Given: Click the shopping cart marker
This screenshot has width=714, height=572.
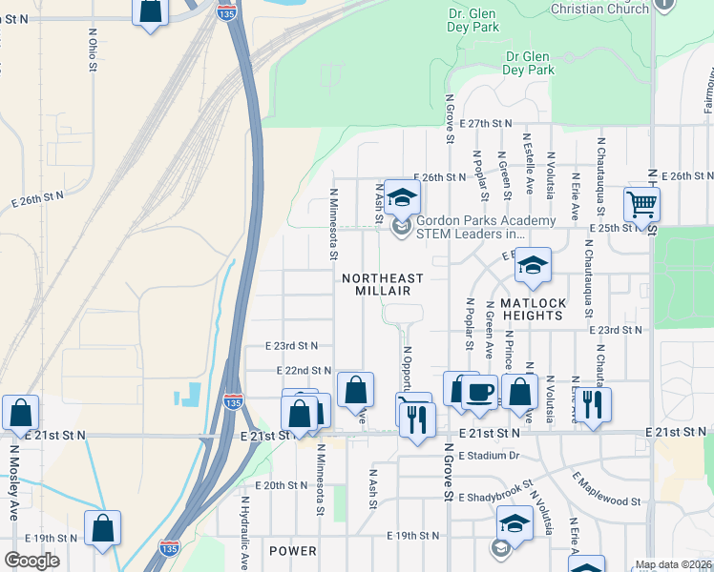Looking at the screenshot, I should (x=641, y=203).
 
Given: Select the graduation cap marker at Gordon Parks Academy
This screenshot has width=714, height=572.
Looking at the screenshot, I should (x=402, y=197).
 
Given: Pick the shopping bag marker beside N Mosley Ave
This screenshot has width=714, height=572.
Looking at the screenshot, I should (x=20, y=413).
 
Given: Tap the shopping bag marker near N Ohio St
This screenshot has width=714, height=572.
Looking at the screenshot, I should (x=150, y=11).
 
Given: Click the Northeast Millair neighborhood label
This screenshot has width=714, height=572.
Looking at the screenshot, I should (x=382, y=284).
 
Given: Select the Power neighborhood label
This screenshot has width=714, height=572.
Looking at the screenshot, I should (x=292, y=551).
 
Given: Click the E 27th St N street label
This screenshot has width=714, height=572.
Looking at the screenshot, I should (x=485, y=124).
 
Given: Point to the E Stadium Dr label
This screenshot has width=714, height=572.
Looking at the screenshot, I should (x=488, y=456).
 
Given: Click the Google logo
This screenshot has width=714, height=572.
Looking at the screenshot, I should (x=31, y=561).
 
